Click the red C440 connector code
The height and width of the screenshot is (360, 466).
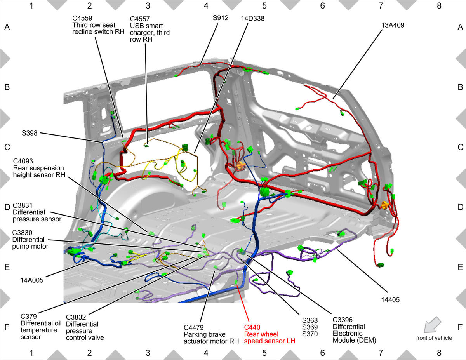[x=252, y=327]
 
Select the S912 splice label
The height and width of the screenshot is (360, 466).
[x=221, y=18]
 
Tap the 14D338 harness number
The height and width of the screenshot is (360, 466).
[x=253, y=18]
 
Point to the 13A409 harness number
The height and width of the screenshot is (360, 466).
[x=393, y=25]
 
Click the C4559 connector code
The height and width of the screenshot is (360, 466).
[x=82, y=18]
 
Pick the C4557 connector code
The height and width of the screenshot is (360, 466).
[x=140, y=19]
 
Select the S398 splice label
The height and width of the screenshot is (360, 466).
[x=30, y=133]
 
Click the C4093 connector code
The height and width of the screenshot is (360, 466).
[x=23, y=161]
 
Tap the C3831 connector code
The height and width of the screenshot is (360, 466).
[x=23, y=205]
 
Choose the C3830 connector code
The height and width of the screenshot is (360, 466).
[x=22, y=233]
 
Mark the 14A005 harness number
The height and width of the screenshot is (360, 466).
[x=32, y=280]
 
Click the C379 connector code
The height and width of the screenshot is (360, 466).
[x=29, y=316]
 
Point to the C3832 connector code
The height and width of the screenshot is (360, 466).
[x=76, y=317]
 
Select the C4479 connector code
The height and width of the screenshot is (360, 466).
[x=194, y=327]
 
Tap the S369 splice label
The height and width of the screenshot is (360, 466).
[x=310, y=327]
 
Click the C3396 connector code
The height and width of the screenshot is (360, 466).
[x=343, y=320]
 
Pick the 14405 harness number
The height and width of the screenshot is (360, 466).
[x=390, y=300]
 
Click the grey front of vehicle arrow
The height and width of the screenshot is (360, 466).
[x=432, y=324]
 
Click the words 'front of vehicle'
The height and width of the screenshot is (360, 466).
[x=434, y=338]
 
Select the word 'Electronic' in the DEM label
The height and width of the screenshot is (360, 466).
[x=348, y=334]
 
